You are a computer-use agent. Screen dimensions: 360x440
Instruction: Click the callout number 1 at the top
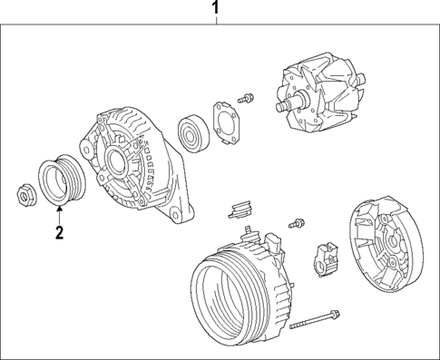tap(215, 10)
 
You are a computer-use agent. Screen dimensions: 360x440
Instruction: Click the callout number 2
tap(58, 234)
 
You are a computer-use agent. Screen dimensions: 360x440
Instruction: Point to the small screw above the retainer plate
tap(244, 95)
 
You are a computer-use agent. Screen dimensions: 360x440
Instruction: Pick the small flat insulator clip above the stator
tap(239, 211)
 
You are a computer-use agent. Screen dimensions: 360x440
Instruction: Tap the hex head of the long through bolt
tap(336, 315)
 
